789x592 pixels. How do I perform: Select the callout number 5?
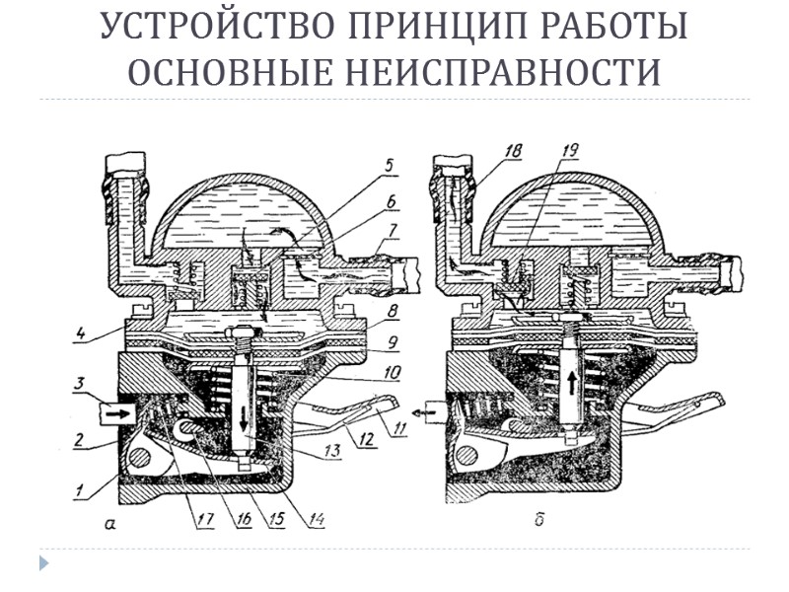tap(390, 166)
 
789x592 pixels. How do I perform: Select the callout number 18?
tap(511, 152)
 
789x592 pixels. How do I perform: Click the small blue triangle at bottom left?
tap(42, 563)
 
